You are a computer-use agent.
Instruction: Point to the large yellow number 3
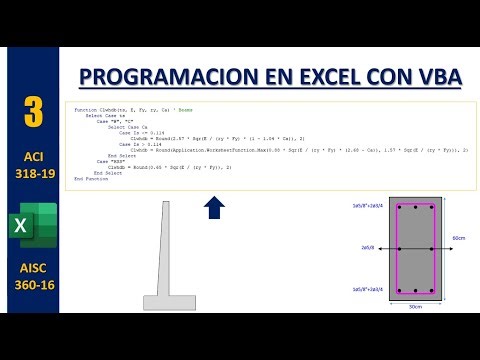(34, 112)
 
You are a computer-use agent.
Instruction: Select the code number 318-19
(33, 177)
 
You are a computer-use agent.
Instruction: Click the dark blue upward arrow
(213, 208)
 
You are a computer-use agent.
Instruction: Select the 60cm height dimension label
(457, 238)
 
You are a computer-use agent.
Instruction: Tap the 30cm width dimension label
(416, 307)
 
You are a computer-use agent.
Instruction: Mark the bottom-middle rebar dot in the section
(416, 290)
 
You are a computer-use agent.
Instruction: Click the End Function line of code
(90, 179)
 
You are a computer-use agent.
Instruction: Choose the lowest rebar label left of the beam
(365, 289)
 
